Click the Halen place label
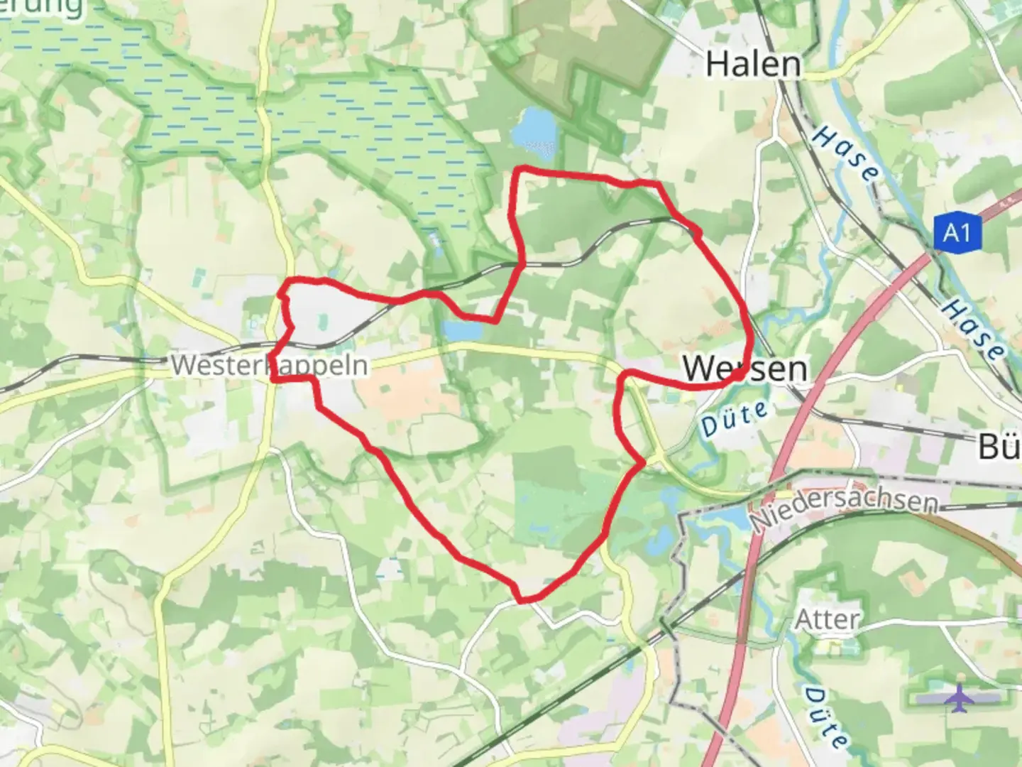pos(754,65)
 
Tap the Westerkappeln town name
pos(270,365)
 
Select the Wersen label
pos(744,368)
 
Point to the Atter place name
pos(827,619)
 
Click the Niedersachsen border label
pos(845,506)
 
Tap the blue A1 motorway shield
pos(957,232)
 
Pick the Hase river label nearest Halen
pos(845,152)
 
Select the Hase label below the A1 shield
pos(972,328)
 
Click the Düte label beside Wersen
pos(735,418)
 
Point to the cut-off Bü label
pos(999,447)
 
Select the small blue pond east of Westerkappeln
pos(461,330)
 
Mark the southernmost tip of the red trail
pos(523,601)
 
